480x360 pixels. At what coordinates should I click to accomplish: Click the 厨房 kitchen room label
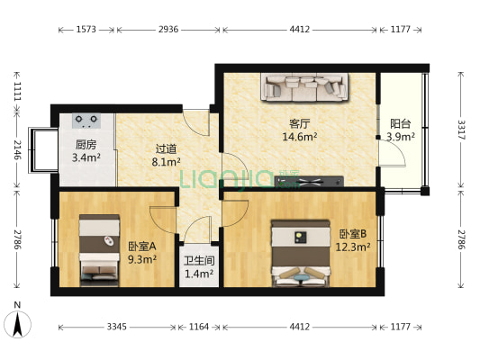click(x=86, y=144)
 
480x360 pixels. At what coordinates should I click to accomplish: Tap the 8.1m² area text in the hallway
click(x=166, y=161)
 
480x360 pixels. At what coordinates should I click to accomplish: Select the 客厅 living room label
click(x=299, y=124)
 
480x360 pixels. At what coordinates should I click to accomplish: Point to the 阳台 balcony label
click(x=400, y=124)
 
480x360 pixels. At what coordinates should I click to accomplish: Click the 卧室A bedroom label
click(x=142, y=246)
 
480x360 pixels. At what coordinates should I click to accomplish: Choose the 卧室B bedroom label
click(x=353, y=234)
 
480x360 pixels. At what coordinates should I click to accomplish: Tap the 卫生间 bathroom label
click(x=199, y=261)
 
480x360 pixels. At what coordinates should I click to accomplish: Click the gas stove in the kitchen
click(x=86, y=121)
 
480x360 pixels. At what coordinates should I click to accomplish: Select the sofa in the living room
click(x=304, y=86)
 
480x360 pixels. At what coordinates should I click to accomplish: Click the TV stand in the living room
click(x=309, y=182)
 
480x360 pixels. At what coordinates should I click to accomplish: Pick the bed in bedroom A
click(x=99, y=250)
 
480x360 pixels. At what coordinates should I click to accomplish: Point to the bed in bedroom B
click(x=300, y=254)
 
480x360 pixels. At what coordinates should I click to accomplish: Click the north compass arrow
click(x=17, y=324)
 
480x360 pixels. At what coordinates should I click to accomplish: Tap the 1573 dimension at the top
click(x=86, y=30)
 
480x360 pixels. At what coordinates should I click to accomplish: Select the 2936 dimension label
click(x=168, y=30)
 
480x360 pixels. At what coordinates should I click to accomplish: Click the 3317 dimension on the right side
click(x=461, y=130)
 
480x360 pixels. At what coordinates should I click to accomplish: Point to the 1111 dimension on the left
click(x=17, y=91)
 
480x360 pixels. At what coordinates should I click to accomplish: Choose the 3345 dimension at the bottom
click(x=117, y=327)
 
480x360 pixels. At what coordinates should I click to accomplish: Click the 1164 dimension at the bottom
click(x=199, y=327)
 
